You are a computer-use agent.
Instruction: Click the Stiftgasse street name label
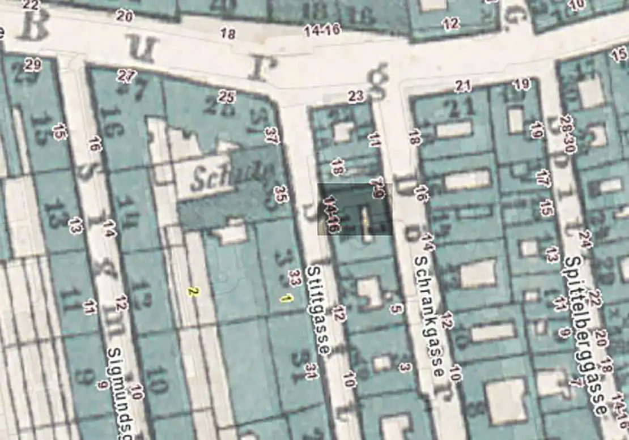point(317,310)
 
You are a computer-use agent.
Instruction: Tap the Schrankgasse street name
point(428,316)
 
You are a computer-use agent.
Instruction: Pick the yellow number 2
point(193,292)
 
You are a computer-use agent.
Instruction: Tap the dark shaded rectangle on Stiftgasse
point(355,209)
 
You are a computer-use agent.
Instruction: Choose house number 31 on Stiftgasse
point(311,371)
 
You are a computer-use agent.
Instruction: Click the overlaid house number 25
point(226,97)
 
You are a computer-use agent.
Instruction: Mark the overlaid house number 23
point(356,96)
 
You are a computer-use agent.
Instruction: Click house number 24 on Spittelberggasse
point(586,239)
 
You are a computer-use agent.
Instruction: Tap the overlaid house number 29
point(33,65)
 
